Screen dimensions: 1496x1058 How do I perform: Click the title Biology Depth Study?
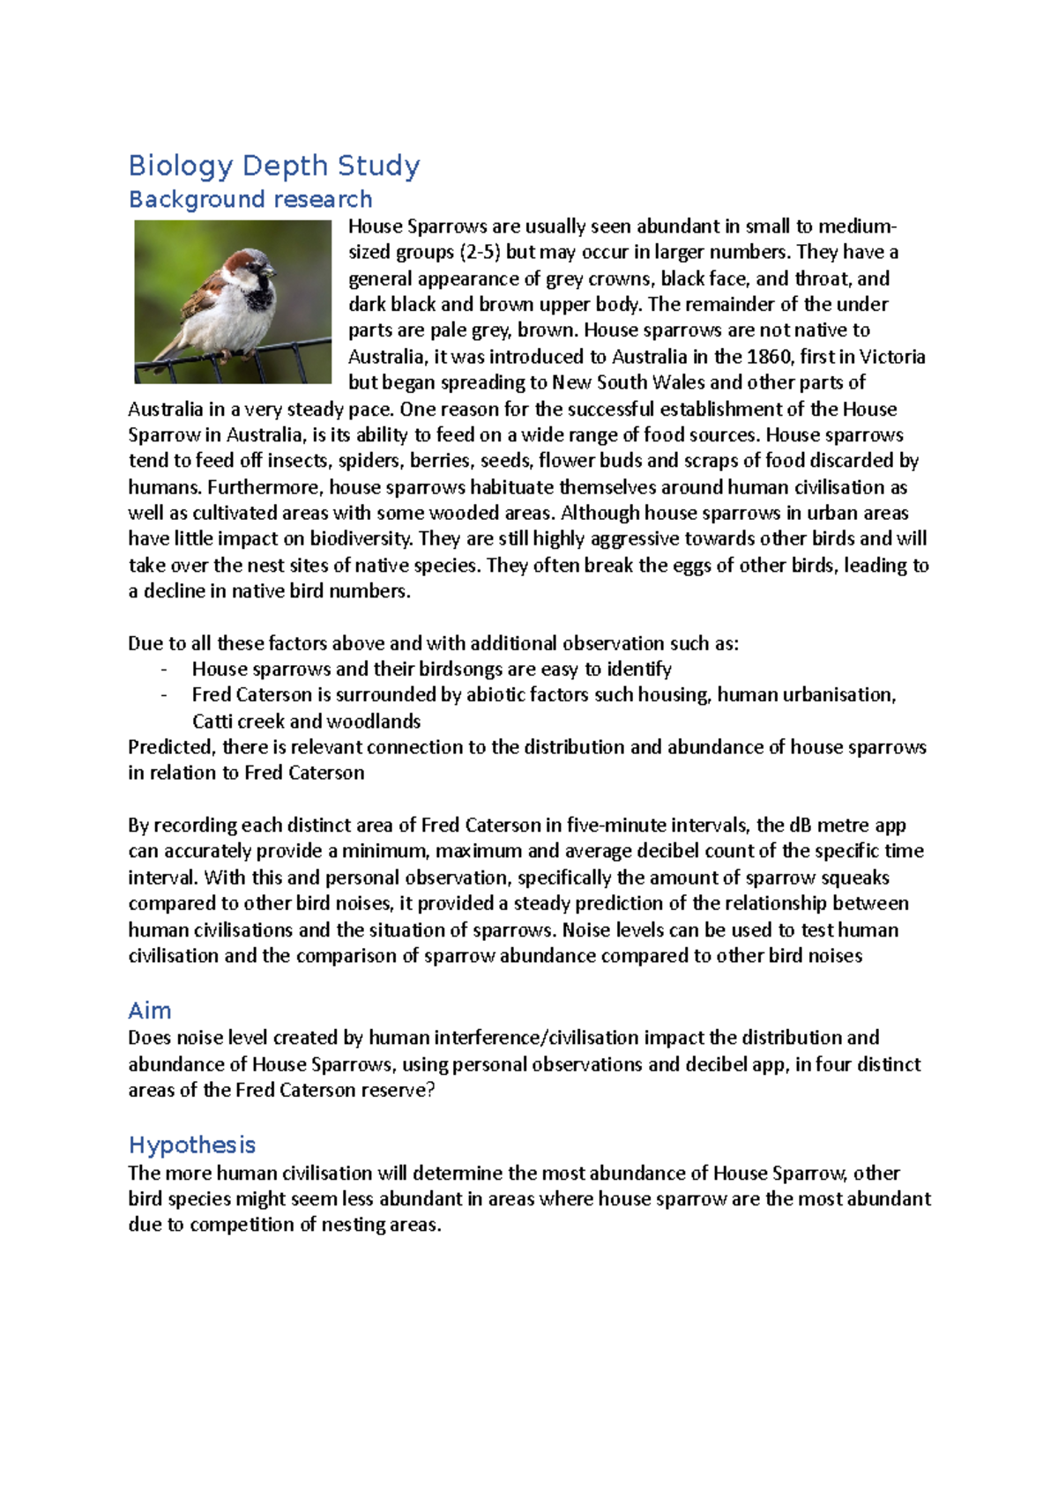[274, 166]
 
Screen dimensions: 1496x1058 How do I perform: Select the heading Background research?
[250, 199]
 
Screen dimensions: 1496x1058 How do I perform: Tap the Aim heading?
[150, 1011]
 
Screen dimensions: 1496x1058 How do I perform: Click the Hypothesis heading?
[192, 1144]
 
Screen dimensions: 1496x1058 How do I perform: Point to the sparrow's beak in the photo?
[271, 270]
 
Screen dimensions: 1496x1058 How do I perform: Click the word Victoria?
[892, 357]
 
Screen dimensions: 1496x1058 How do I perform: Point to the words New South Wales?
[629, 382]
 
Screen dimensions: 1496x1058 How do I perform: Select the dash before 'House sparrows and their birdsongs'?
[164, 670]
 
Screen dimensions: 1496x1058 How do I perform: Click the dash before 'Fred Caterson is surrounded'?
[164, 695]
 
